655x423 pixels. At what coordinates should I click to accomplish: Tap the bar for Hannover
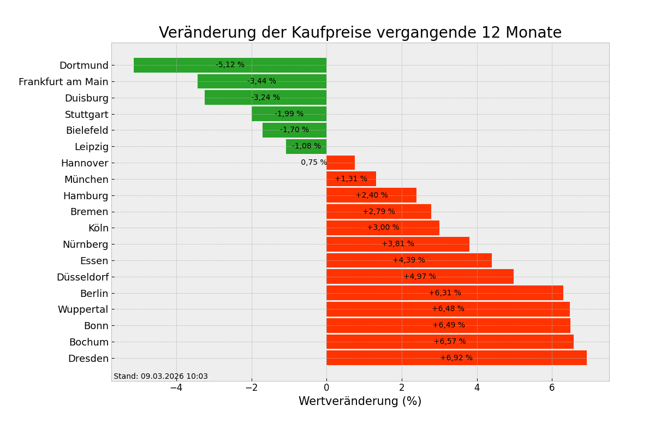(x=341, y=163)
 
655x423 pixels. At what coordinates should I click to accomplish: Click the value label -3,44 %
(x=261, y=81)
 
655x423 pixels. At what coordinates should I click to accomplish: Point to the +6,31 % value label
(x=444, y=293)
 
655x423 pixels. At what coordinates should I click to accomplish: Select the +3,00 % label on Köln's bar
(x=383, y=228)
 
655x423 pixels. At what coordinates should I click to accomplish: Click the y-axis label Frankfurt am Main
(x=63, y=82)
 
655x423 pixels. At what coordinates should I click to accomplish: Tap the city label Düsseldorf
(x=82, y=277)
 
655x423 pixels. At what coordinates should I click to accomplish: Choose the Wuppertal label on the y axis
(x=83, y=309)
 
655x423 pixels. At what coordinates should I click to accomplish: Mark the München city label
(x=86, y=180)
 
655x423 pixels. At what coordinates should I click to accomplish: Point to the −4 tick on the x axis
(x=176, y=388)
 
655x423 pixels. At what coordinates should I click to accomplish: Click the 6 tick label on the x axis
(x=552, y=388)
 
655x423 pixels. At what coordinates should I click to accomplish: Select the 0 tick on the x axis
(x=326, y=388)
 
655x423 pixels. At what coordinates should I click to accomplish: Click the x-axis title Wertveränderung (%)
(x=360, y=401)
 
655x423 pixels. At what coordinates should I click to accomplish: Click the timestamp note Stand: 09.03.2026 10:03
(x=160, y=376)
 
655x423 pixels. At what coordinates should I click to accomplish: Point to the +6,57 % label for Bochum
(x=450, y=342)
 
